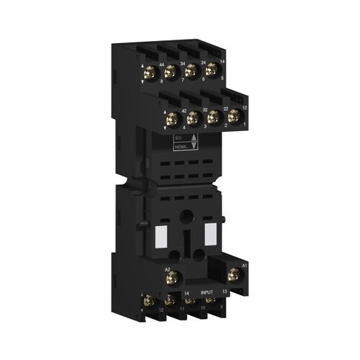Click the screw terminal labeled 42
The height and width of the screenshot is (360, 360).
pyautogui.click(x=172, y=119)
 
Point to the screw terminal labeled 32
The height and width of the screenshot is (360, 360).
pyautogui.click(x=193, y=118)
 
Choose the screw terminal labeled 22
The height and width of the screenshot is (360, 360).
pyautogui.click(x=213, y=117)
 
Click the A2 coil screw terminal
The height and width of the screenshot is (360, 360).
pyautogui.click(x=172, y=274)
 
